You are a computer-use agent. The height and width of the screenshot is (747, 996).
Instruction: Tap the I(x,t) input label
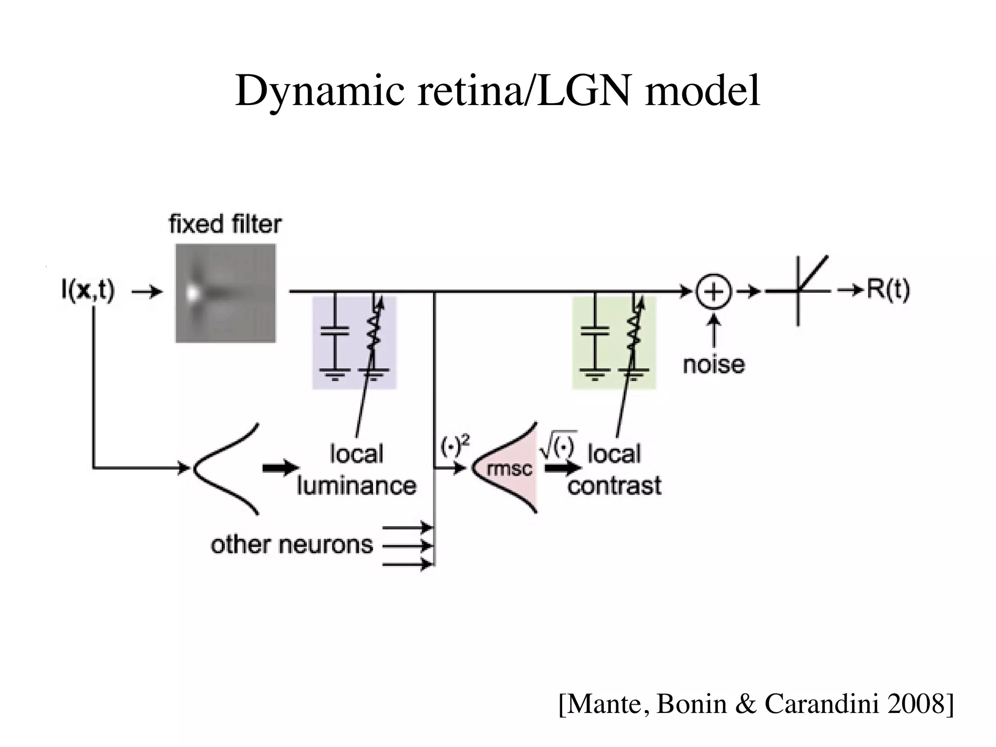coord(88,291)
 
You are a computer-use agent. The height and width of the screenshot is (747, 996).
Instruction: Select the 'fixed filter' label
coord(225,225)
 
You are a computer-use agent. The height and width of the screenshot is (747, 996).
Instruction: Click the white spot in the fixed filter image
coord(193,293)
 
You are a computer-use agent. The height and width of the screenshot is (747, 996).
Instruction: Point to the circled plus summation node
coord(713,292)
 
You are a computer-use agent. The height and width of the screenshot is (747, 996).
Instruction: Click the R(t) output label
coord(888,290)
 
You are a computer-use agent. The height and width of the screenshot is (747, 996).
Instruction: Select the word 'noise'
coord(713,364)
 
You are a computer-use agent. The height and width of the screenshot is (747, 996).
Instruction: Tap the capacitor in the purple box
coord(335,331)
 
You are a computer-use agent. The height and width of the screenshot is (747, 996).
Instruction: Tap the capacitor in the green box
coord(595,331)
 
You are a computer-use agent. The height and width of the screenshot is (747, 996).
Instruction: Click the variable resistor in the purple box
coord(373,331)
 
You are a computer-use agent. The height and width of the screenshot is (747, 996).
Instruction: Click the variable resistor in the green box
coord(633,331)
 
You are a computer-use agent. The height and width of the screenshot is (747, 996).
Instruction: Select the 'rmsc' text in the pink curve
coord(509,469)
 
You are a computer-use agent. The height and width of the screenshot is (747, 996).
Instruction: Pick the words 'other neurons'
coord(292,545)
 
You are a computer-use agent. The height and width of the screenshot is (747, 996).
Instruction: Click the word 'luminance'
coord(356,485)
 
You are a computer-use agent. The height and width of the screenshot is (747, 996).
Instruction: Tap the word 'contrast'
coord(614,485)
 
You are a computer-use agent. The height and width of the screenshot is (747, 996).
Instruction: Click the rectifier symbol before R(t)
coord(798,291)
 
